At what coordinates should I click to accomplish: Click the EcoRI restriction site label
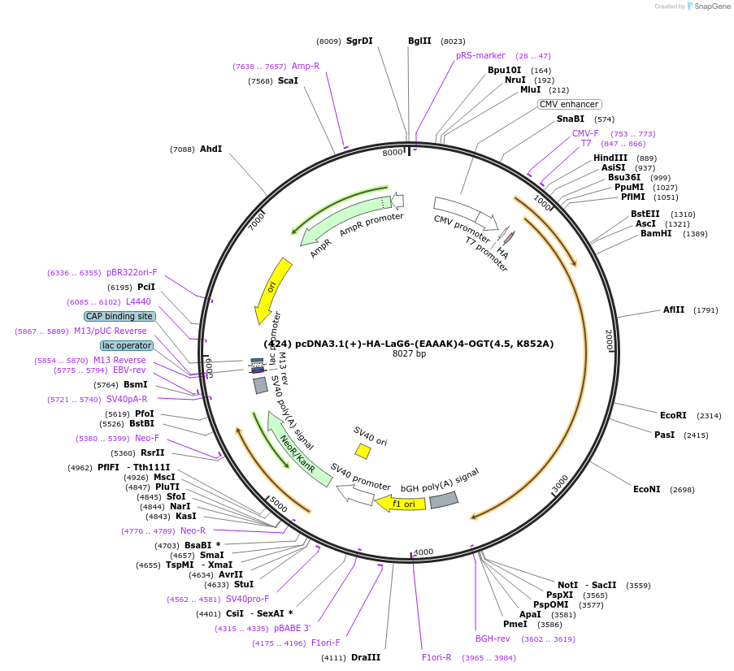pos(674,415)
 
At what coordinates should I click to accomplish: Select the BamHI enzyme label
pos(656,234)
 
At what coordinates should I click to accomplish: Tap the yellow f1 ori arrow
pos(398,503)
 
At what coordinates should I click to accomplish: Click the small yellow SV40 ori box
pos(363,450)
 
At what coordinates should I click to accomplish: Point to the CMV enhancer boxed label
pos(569,104)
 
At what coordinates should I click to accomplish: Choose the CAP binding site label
pos(119,316)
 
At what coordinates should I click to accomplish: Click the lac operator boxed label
pos(127,345)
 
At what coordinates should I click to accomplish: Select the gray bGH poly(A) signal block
pos(444,500)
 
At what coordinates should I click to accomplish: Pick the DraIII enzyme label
pos(366,657)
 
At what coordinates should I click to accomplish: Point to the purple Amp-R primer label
pos(306,66)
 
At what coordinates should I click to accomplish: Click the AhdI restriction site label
pos(211,149)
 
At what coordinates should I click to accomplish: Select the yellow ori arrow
pos(271,289)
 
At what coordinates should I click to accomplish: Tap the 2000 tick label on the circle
pos(609,340)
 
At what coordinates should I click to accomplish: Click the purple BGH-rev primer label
pos(493,639)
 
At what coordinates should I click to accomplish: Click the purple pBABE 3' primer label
pos(292,628)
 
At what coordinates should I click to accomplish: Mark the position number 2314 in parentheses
pos(709,415)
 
